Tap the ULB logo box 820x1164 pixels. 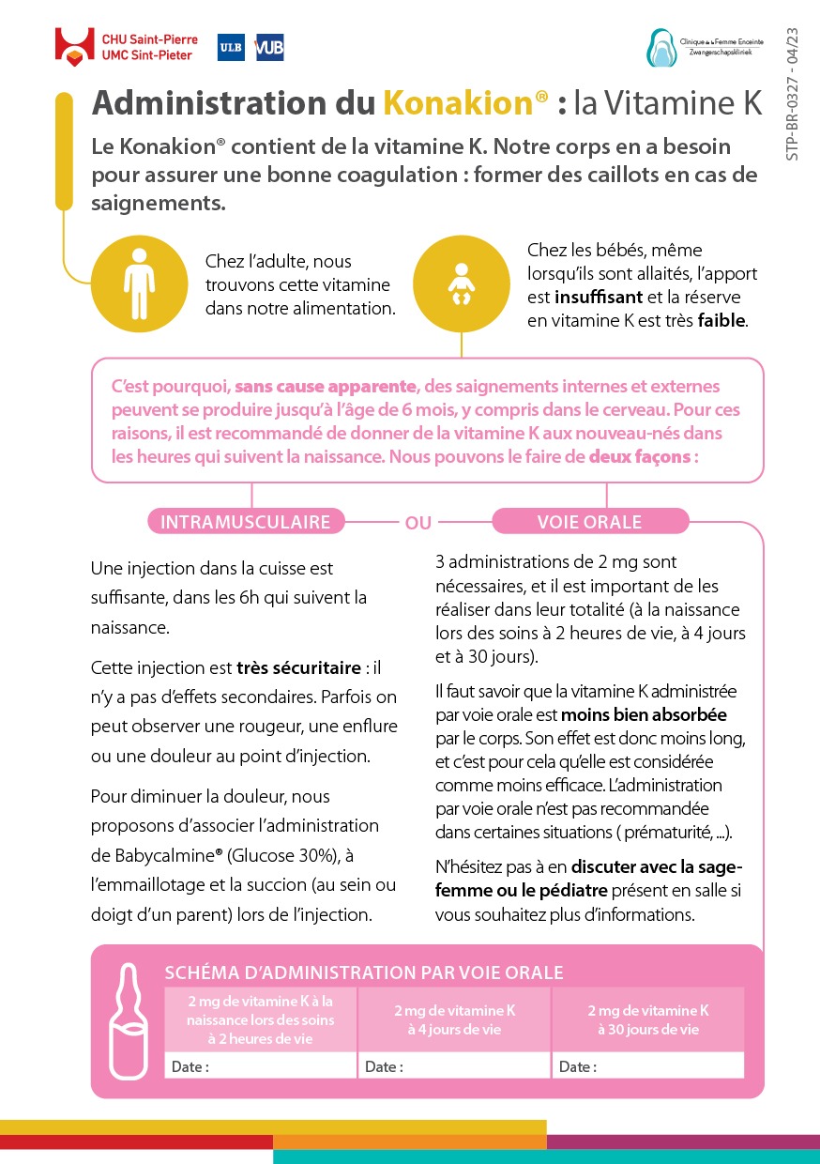(x=231, y=47)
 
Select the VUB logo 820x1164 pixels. (x=269, y=47)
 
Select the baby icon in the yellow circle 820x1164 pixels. (x=460, y=283)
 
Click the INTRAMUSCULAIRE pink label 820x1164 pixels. (x=246, y=522)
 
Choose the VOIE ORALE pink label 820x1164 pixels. (x=589, y=522)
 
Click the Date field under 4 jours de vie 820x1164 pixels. (x=454, y=1066)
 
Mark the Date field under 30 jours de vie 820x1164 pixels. (x=647, y=1066)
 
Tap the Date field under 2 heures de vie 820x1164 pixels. (x=260, y=1066)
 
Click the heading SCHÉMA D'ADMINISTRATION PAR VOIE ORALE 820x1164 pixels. (x=364, y=973)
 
